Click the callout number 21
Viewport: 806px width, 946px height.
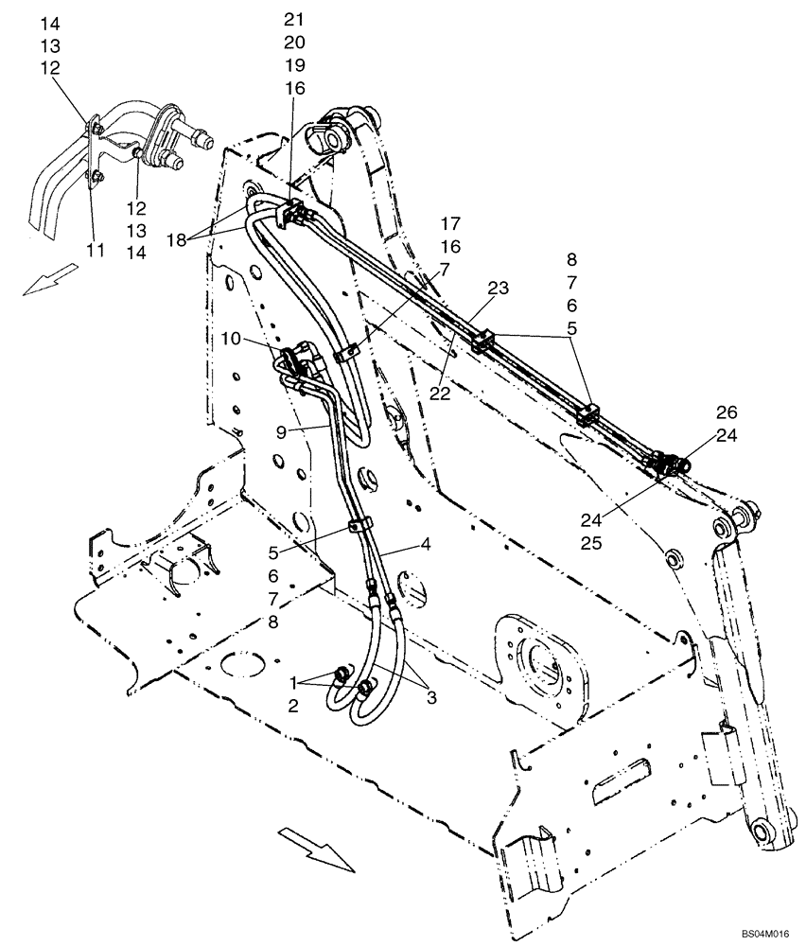pyautogui.click(x=295, y=20)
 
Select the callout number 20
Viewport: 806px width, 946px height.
pyautogui.click(x=295, y=43)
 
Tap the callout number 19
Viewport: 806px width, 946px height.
pyautogui.click(x=295, y=65)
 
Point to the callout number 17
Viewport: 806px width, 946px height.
pyautogui.click(x=450, y=224)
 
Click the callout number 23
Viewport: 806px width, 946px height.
pyautogui.click(x=498, y=287)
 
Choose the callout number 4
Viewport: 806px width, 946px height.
pyautogui.click(x=426, y=544)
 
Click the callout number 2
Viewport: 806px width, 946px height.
pyautogui.click(x=294, y=704)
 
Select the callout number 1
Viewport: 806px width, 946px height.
pyautogui.click(x=294, y=681)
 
